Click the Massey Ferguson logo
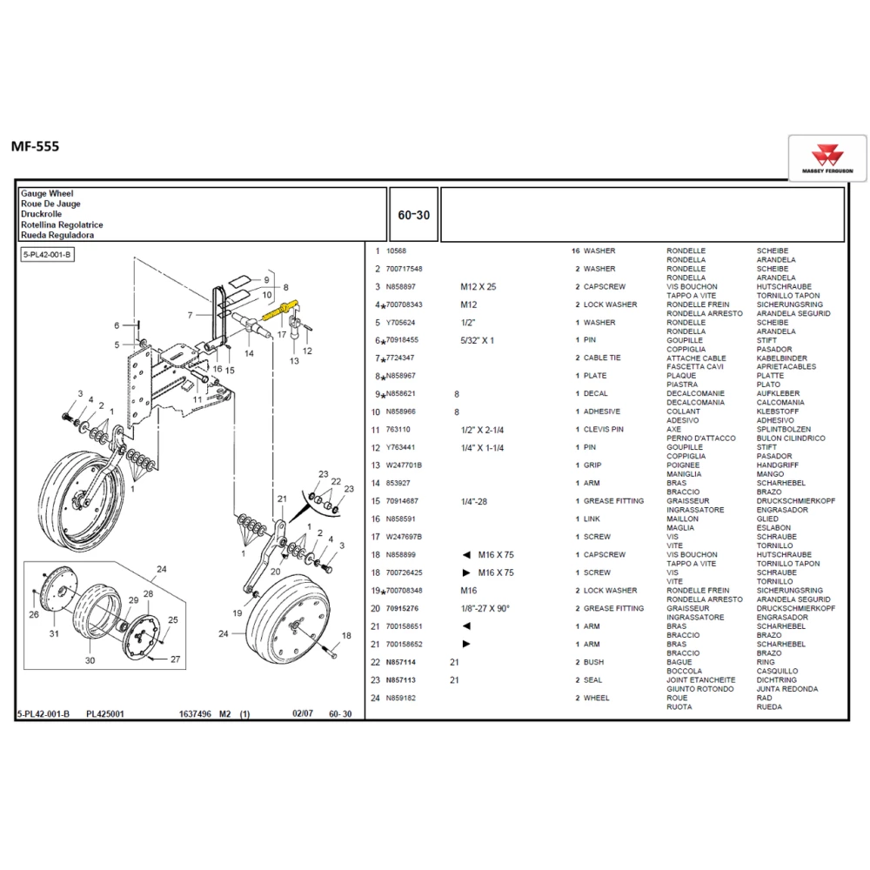click(x=826, y=158)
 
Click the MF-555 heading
click(x=36, y=146)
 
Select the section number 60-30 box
click(x=413, y=215)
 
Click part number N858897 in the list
click(x=401, y=286)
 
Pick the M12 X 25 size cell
click(x=478, y=286)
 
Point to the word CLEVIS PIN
click(x=604, y=430)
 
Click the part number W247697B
click(x=404, y=537)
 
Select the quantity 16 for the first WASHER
click(x=575, y=251)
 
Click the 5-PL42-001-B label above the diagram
click(x=47, y=254)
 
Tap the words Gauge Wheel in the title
click(x=47, y=193)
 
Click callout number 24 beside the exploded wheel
click(x=161, y=571)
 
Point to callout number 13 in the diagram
click(x=294, y=361)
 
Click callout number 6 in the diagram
click(x=117, y=325)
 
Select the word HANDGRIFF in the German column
click(x=780, y=465)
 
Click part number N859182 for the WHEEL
click(x=401, y=698)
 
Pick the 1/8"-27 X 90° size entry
click(x=486, y=608)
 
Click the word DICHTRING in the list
click(x=777, y=680)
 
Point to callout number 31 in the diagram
click(x=54, y=633)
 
